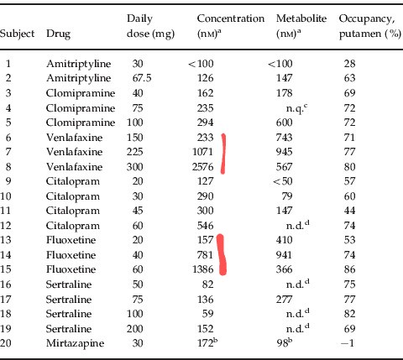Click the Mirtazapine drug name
75,343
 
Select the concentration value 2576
203,167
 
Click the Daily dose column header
150,26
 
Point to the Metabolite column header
301,26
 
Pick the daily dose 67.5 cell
142,78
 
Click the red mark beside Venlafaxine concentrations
223,154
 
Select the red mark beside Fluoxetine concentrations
222,254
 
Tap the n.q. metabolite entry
296,108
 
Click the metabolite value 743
285,138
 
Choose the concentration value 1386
203,269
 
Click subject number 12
6,226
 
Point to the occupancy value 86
349,269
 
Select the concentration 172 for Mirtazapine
207,342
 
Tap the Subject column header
17,34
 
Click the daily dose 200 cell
135,329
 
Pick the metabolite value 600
285,123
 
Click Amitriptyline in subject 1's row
79,64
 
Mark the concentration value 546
206,226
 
